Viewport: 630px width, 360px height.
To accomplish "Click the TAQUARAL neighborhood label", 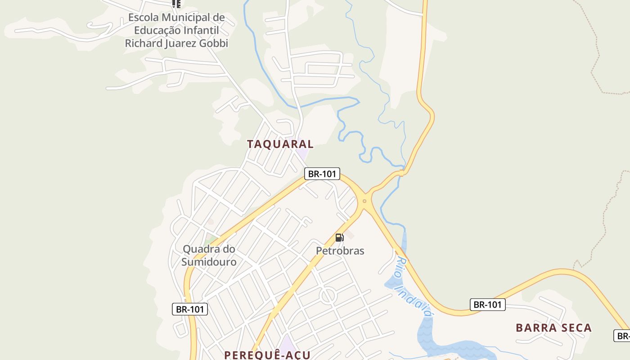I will coord(280,144).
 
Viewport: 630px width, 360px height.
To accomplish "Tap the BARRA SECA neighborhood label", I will coord(553,328).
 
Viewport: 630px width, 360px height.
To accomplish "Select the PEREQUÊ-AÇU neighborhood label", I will coord(267,355).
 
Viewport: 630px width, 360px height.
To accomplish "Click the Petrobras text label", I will coord(340,251).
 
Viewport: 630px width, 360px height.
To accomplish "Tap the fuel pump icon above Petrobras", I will coord(339,238).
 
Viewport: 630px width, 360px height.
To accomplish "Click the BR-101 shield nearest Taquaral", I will coord(322,174).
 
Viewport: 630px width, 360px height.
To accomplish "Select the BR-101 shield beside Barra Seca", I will coord(488,305).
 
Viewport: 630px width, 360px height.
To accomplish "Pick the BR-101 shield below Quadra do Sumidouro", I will coord(189,309).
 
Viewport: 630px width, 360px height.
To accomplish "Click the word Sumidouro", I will coord(209,261).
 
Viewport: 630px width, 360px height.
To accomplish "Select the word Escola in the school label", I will coord(144,18).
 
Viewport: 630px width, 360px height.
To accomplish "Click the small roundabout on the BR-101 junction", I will coord(364,201).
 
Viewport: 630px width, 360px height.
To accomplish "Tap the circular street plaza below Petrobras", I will coord(328,296).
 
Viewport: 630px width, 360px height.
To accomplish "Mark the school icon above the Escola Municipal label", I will coord(176,4).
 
